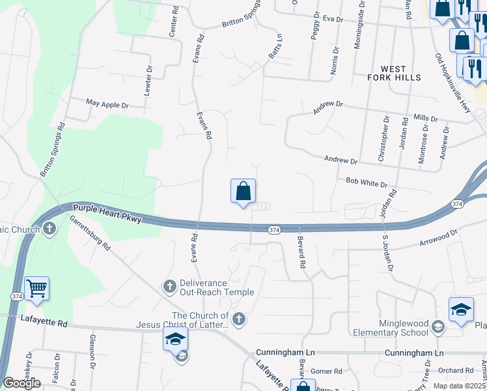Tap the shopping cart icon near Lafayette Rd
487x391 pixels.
click(x=36, y=288)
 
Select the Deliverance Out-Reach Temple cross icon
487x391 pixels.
click(x=169, y=286)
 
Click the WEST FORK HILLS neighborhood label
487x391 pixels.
click(x=401, y=73)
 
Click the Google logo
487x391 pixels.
click(x=22, y=383)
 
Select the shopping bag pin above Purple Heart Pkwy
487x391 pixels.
click(x=243, y=192)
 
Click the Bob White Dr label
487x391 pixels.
click(x=367, y=184)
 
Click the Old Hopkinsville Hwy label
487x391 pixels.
click(x=452, y=83)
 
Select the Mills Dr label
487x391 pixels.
click(x=426, y=119)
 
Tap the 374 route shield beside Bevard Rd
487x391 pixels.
click(x=274, y=229)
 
